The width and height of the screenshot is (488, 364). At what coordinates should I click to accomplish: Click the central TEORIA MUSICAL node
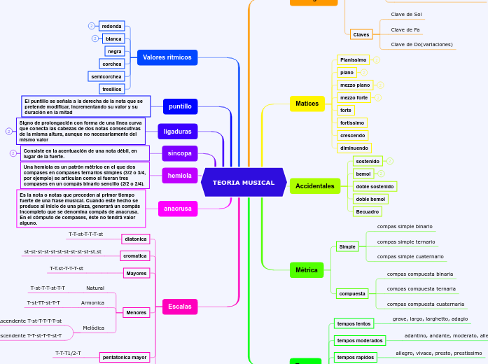click(244, 183)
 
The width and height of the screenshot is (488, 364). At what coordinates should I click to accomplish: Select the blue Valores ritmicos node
click(167, 57)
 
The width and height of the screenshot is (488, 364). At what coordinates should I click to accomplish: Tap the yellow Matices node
click(307, 104)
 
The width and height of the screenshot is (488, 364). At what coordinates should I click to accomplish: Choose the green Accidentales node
click(314, 185)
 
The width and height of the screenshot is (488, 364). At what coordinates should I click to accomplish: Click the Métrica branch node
click(306, 269)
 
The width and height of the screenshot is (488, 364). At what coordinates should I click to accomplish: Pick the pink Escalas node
click(179, 306)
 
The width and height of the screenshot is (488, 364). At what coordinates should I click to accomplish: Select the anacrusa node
click(178, 209)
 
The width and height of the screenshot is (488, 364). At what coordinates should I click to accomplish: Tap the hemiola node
click(179, 176)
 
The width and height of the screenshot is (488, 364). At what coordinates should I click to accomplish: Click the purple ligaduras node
click(177, 131)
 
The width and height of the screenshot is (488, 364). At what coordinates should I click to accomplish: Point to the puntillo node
click(180, 106)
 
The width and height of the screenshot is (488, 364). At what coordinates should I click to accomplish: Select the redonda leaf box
click(111, 26)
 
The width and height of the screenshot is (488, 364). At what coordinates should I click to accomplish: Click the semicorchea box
click(106, 76)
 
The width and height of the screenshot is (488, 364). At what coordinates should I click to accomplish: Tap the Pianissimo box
click(353, 60)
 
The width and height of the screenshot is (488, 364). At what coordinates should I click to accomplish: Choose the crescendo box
click(351, 135)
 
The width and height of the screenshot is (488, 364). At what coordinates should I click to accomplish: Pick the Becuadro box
click(367, 211)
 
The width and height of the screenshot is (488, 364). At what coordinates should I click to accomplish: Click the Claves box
click(361, 34)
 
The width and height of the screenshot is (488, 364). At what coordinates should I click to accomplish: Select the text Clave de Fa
click(405, 29)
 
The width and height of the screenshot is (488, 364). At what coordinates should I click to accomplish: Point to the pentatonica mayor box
click(125, 357)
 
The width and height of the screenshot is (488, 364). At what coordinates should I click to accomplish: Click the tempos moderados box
click(360, 340)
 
